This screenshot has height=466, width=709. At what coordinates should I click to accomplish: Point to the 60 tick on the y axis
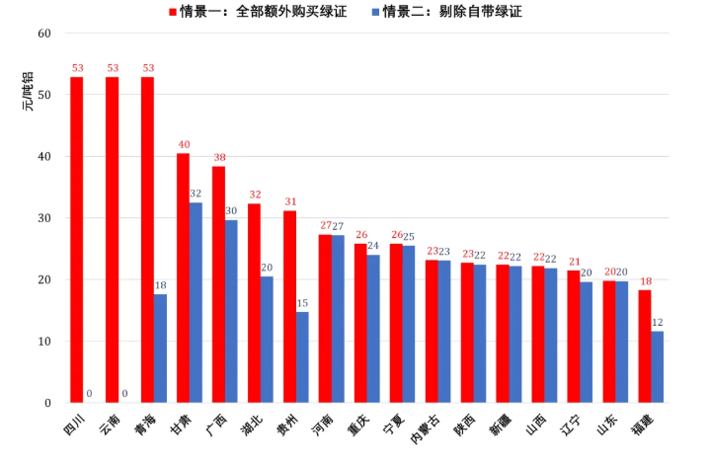pyautogui.click(x=43, y=34)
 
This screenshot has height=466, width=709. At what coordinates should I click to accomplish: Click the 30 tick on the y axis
pyautogui.click(x=43, y=218)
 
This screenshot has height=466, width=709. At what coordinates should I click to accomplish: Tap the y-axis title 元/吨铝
pyautogui.click(x=28, y=92)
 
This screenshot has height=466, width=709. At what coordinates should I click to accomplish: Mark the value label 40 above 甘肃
pyautogui.click(x=183, y=144)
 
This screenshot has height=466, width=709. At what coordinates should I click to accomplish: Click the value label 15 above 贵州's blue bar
pyautogui.click(x=302, y=303)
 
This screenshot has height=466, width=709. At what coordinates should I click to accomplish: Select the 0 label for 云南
pyautogui.click(x=124, y=394)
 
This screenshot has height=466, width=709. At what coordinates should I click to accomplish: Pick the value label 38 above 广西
pyautogui.click(x=218, y=157)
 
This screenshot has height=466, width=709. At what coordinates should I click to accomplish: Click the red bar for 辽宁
pyautogui.click(x=574, y=337)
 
